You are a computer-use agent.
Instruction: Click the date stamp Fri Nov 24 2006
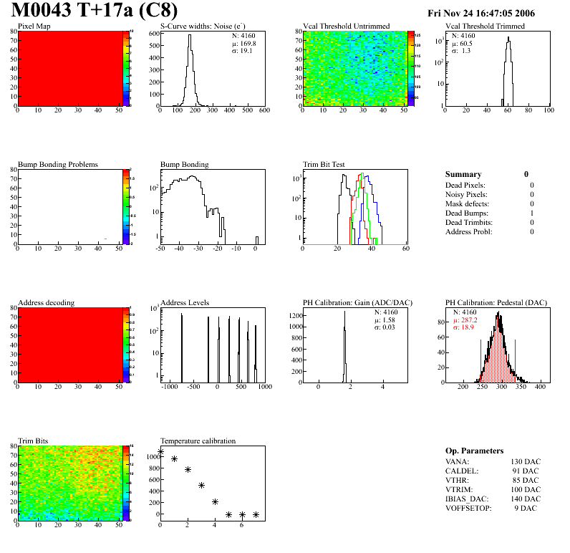(x=481, y=14)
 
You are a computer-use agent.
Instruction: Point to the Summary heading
(x=463, y=174)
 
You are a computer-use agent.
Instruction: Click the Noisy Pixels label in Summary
(x=466, y=195)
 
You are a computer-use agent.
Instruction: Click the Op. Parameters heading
(x=474, y=451)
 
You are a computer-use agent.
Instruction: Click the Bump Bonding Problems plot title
(x=58, y=165)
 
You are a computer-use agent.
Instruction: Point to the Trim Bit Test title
(x=324, y=165)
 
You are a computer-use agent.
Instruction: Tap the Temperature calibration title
(x=198, y=441)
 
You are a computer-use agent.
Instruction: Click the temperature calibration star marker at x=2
(x=188, y=470)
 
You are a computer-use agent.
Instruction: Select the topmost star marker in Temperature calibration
(x=160, y=451)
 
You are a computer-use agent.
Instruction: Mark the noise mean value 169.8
(x=245, y=43)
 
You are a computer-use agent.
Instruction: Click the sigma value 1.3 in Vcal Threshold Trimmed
(x=465, y=51)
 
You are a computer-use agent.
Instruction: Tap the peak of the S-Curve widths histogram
(x=190, y=36)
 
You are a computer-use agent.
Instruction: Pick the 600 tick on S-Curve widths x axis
(x=264, y=111)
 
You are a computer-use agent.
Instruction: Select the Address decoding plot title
(x=46, y=303)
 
